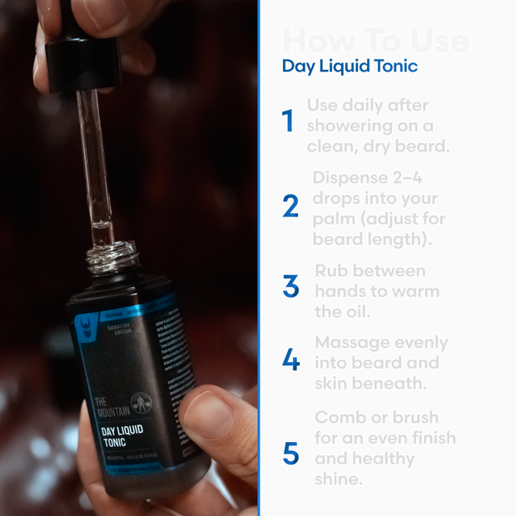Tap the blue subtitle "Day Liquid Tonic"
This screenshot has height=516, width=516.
coord(350,67)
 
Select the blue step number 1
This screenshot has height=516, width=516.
coord(289,122)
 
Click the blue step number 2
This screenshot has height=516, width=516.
coord(290,206)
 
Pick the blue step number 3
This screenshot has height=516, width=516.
coord(290,287)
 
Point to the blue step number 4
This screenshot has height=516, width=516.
coord(290,360)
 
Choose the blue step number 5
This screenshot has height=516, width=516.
coord(290,454)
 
